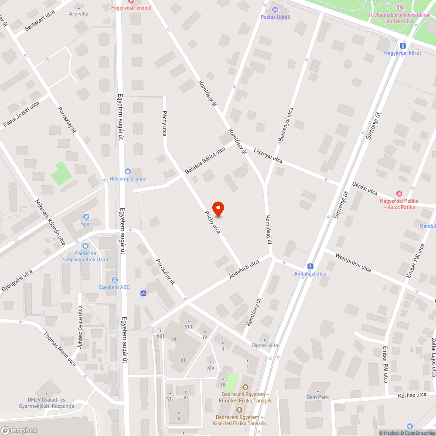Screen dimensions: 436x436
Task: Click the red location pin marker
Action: pyautogui.click(x=218, y=209)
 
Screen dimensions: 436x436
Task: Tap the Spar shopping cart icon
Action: pyautogui.click(x=86, y=216)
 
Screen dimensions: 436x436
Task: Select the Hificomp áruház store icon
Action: pyautogui.click(x=128, y=171)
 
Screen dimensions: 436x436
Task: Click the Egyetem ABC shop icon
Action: pyautogui.click(x=114, y=279)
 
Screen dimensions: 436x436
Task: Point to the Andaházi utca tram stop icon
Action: pyautogui.click(x=310, y=266)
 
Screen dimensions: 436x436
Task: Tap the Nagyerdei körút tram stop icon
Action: pyautogui.click(x=402, y=45)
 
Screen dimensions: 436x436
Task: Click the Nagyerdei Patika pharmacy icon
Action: pyautogui.click(x=399, y=193)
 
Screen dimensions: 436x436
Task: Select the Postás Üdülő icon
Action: pyautogui.click(x=275, y=10)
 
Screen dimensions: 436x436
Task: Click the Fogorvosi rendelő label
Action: pyautogui.click(x=131, y=8)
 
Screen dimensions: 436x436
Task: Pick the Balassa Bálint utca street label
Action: pyautogui.click(x=205, y=160)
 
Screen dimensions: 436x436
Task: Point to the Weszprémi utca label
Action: pyautogui.click(x=353, y=262)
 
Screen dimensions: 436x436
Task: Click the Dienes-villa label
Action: pyautogui.click(x=265, y=346)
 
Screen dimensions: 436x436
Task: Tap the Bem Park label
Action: pyautogui.click(x=317, y=397)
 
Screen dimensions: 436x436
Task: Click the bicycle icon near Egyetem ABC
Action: pyautogui.click(x=143, y=293)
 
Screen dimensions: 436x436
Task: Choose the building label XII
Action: pyautogui.click(x=184, y=360)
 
